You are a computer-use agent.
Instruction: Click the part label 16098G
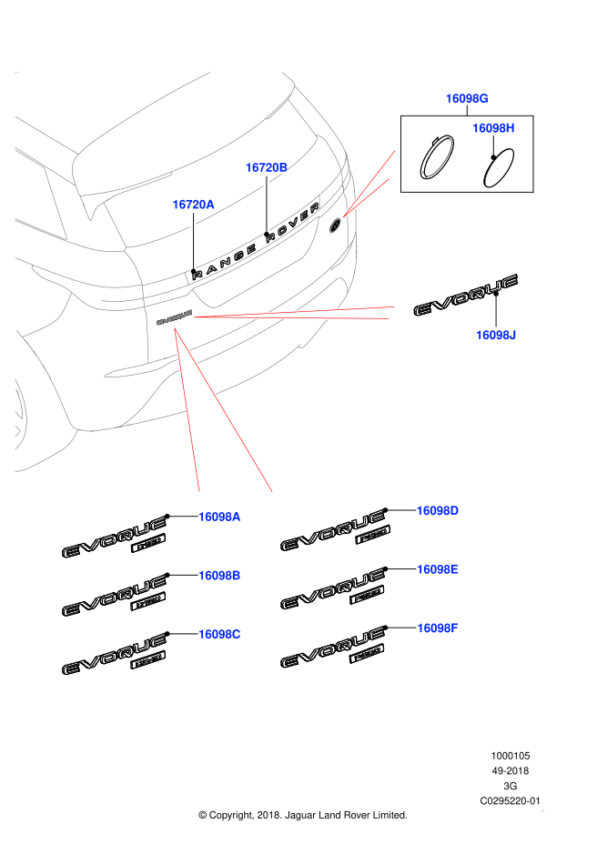466,98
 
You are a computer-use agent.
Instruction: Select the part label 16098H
493,128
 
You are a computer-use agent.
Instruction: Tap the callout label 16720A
193,205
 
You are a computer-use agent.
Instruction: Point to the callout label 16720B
266,167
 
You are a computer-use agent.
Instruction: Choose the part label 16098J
496,336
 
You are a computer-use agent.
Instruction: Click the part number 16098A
219,517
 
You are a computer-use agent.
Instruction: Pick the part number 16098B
219,576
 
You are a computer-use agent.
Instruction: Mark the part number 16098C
219,635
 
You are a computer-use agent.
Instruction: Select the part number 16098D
438,511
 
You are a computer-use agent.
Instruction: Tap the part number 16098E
438,569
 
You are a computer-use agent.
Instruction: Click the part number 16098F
438,628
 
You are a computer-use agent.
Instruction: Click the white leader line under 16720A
193,245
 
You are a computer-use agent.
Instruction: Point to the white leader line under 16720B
267,206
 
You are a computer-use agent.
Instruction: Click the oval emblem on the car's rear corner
335,225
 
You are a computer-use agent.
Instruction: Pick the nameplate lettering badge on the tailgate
174,317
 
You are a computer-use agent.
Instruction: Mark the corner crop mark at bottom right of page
542,809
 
